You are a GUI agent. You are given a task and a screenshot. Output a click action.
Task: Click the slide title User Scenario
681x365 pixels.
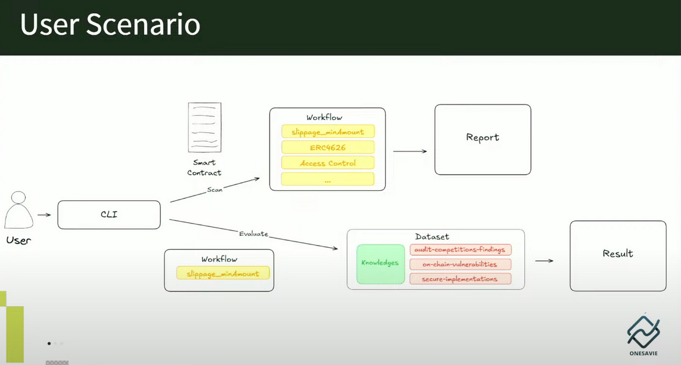[110, 25]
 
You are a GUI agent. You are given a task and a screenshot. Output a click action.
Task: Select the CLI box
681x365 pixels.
[109, 214]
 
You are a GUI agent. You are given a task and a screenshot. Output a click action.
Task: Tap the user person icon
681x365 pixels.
[19, 210]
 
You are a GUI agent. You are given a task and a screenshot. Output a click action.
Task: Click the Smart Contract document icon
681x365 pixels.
[204, 127]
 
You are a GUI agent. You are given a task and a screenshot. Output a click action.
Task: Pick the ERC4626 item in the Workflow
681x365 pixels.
[327, 147]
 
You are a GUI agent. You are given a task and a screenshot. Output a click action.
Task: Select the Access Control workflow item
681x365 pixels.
[327, 163]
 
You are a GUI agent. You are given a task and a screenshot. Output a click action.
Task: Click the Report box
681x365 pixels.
[483, 139]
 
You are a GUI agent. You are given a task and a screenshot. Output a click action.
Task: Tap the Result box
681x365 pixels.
[618, 256]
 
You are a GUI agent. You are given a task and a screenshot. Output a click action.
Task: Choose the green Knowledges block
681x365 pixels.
[380, 264]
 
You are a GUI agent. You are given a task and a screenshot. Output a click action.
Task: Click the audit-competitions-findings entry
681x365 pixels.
[460, 250]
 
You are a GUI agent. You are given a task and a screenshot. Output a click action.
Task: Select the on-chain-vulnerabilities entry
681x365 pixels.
[460, 264]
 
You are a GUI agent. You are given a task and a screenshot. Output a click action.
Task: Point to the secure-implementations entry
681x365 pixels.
[460, 279]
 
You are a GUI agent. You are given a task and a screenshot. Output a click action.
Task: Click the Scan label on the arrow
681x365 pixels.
[215, 189]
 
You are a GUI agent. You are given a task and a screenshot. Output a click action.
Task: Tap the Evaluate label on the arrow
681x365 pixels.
[253, 234]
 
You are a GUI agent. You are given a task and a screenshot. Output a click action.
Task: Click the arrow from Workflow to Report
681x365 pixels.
[410, 151]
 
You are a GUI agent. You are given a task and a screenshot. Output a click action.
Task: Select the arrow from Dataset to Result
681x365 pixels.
[544, 261]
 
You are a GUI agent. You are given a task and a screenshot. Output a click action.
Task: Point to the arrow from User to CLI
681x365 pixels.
[44, 214]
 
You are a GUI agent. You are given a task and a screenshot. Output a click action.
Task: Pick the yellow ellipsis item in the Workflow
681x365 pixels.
[327, 179]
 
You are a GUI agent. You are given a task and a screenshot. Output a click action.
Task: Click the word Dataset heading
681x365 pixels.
[432, 237]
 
